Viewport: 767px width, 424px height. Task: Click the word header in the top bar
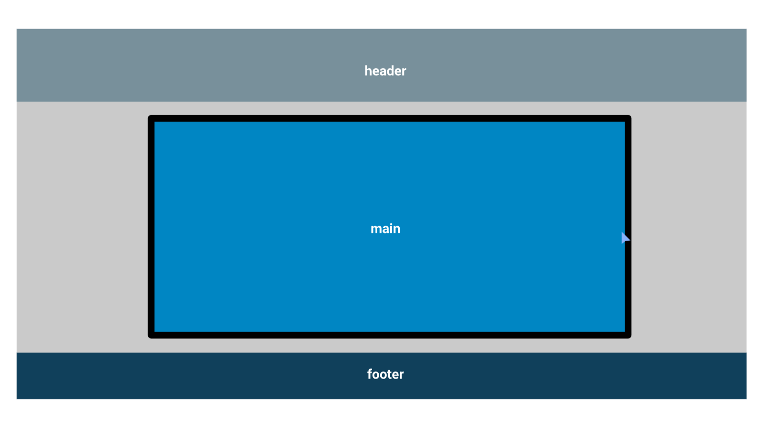pos(385,71)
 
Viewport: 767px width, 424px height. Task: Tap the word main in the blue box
pos(385,228)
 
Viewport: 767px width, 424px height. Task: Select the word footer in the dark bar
pos(385,374)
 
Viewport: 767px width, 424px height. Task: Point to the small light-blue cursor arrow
pos(625,238)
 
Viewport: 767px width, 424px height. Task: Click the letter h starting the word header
pos(368,71)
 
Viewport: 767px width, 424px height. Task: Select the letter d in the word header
pos(389,71)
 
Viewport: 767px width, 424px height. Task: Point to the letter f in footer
pos(370,374)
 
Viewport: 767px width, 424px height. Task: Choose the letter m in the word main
pos(376,229)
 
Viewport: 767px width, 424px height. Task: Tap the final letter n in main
pos(397,229)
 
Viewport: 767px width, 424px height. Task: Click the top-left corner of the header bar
pos(17,29)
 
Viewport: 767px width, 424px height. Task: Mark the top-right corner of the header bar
pos(746,29)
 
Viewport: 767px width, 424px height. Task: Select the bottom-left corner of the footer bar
pos(17,399)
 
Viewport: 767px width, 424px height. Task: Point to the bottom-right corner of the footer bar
pos(746,399)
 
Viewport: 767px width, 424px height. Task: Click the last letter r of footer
pos(402,375)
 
